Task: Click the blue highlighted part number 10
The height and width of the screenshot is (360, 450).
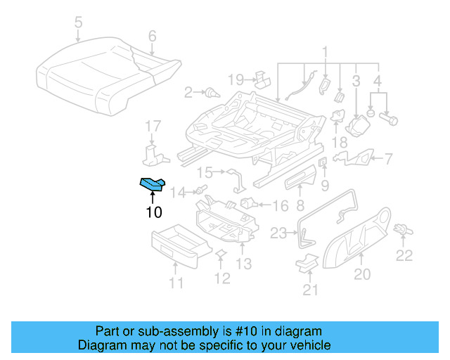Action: tap(152, 184)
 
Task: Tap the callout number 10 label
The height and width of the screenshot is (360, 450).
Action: tap(153, 212)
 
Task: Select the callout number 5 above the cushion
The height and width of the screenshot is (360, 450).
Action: tap(78, 22)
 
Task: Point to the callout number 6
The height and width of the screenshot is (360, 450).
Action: tap(152, 35)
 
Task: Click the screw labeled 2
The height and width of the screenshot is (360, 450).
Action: tap(210, 92)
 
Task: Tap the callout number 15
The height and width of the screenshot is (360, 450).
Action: tap(204, 172)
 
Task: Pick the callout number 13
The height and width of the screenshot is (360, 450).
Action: tap(243, 264)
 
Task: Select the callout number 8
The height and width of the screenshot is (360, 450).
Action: tap(300, 206)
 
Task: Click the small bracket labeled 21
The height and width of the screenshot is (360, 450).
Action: tap(307, 263)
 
